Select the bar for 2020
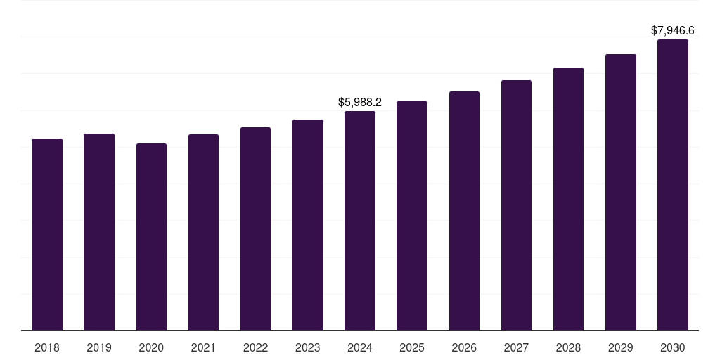(x=151, y=237)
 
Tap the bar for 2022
(x=255, y=229)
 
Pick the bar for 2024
(x=360, y=221)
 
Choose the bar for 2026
(x=464, y=211)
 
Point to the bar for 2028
(x=568, y=199)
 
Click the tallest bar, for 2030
(x=672, y=185)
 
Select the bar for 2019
(x=99, y=232)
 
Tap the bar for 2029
(x=620, y=192)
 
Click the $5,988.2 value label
(x=360, y=103)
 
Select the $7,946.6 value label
(x=672, y=31)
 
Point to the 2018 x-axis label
(x=47, y=347)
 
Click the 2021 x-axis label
(x=203, y=347)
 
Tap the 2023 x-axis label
(x=307, y=347)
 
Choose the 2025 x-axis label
(x=412, y=347)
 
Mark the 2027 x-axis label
(x=516, y=347)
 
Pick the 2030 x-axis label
(x=672, y=347)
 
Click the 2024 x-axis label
(x=360, y=347)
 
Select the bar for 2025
(x=412, y=216)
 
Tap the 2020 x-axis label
(x=151, y=347)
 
